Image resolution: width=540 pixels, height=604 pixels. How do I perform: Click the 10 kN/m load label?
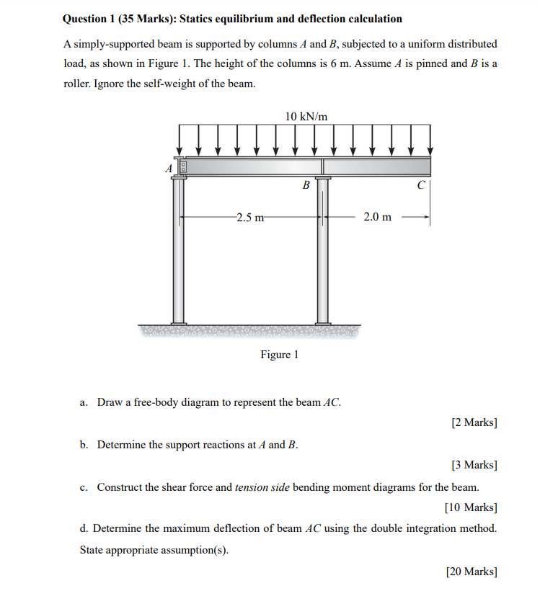click(306, 116)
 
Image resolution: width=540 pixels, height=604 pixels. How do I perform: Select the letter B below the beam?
click(306, 185)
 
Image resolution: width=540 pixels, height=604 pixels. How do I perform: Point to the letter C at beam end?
click(421, 185)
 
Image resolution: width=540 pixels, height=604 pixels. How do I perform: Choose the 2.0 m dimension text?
click(378, 217)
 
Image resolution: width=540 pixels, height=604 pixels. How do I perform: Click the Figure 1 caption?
click(279, 355)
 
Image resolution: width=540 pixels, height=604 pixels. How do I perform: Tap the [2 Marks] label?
click(474, 422)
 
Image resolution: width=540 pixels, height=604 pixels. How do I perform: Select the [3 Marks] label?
click(474, 466)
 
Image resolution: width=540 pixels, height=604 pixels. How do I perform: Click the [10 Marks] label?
click(471, 507)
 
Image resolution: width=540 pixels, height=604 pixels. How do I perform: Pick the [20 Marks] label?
click(471, 572)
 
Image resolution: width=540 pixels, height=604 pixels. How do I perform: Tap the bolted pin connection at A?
click(183, 167)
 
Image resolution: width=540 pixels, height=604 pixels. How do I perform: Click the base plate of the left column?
click(177, 323)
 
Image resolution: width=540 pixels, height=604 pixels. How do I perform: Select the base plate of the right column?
click(322, 323)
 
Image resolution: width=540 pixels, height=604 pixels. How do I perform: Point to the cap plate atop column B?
click(322, 177)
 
